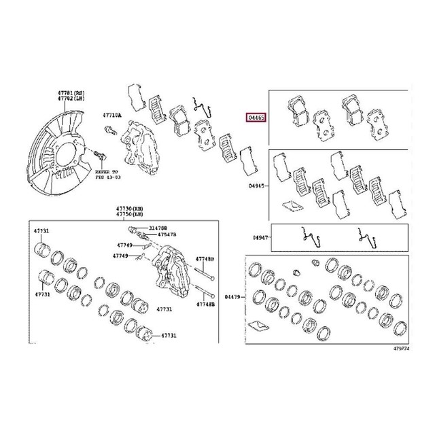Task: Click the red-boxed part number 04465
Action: click(x=256, y=116)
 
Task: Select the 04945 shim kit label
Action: click(x=256, y=184)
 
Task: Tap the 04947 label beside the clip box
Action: click(x=260, y=238)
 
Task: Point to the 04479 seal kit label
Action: click(x=234, y=296)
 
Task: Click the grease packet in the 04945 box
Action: click(x=293, y=205)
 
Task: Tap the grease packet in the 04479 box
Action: click(x=258, y=323)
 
